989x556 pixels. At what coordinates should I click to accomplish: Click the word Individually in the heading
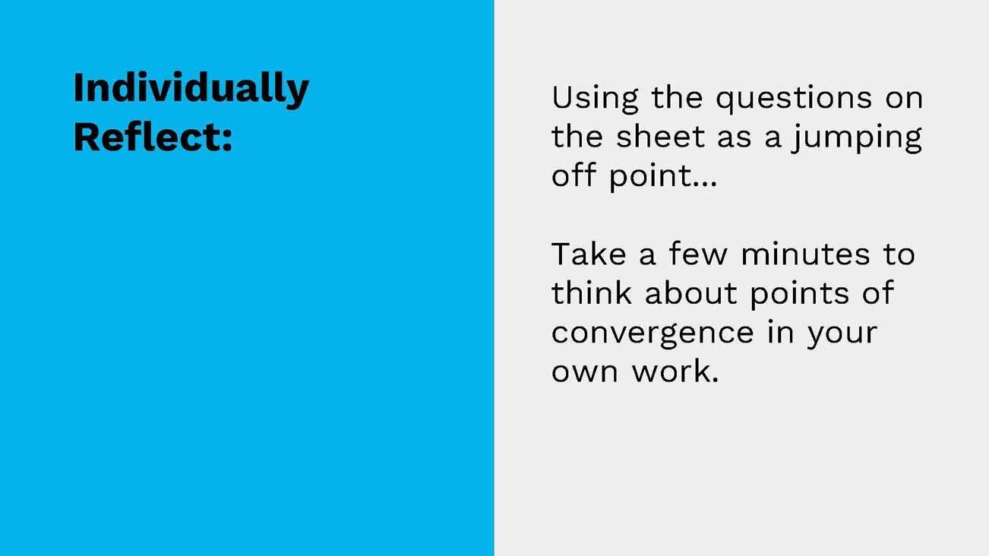(191, 90)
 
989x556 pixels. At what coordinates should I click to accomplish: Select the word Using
(594, 98)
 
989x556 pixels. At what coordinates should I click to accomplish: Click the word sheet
(660, 137)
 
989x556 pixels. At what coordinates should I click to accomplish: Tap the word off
(573, 176)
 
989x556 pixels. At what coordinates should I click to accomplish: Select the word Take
(587, 254)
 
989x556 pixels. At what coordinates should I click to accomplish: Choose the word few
(699, 254)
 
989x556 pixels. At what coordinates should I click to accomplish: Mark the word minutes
(806, 254)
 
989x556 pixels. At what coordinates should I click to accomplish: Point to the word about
(692, 292)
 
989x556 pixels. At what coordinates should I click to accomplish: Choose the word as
(733, 138)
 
